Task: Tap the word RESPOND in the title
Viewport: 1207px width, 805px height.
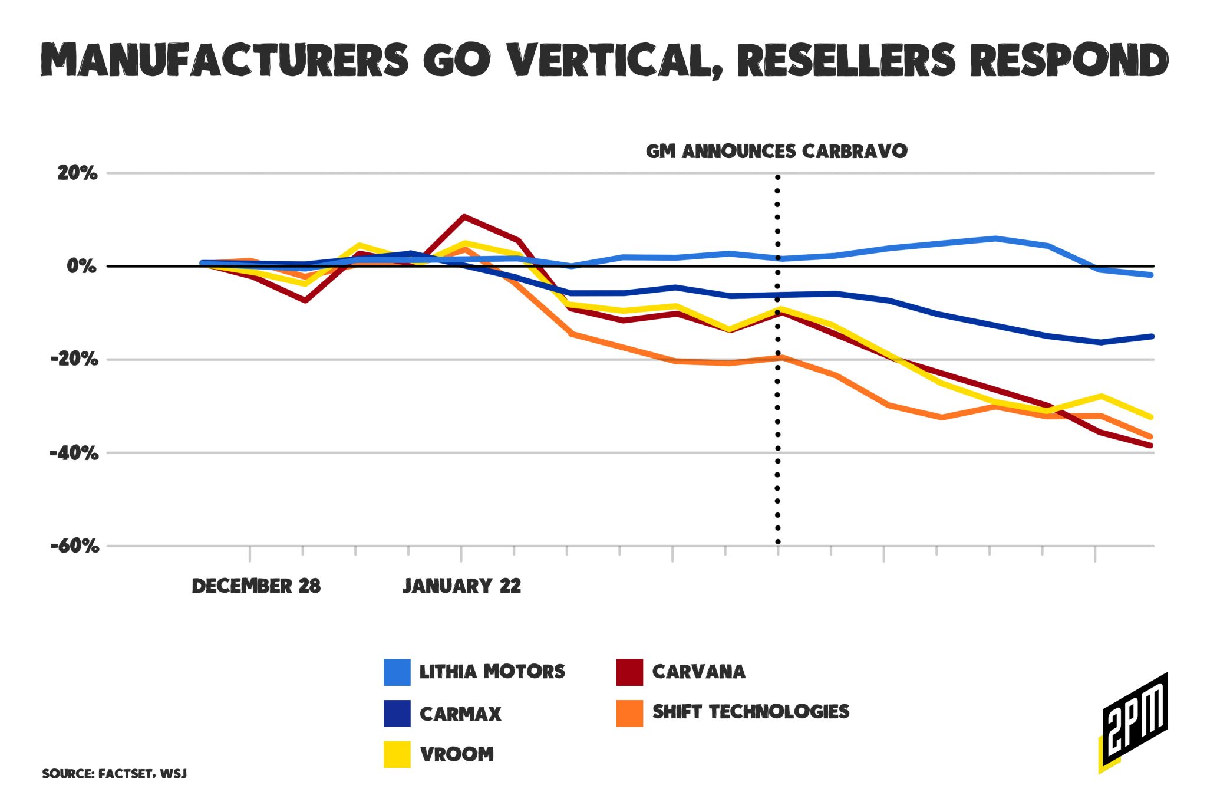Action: pos(1069,61)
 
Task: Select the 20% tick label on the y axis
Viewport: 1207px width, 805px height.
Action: pos(77,173)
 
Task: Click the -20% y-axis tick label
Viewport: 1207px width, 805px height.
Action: pos(75,359)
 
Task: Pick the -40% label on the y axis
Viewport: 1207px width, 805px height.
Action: pos(75,453)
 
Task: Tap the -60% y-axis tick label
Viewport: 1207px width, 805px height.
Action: pos(75,546)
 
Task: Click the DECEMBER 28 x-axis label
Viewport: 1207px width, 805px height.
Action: pos(256,586)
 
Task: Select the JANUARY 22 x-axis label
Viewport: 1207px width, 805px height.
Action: pos(462,586)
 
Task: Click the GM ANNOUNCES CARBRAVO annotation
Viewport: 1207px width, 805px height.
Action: pos(777,152)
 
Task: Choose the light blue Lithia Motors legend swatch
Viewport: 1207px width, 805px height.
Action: pos(397,672)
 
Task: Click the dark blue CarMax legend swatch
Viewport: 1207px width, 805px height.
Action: pos(397,713)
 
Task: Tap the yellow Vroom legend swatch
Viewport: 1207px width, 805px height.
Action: pos(397,754)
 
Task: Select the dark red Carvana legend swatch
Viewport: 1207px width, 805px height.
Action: pos(629,672)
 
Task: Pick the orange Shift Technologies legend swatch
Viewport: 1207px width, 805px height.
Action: pos(629,712)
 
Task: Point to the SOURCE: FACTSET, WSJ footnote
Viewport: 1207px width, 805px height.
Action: pos(114,774)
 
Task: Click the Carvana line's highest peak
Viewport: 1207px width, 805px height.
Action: pos(464,217)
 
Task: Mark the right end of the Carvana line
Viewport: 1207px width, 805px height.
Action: pos(1150,446)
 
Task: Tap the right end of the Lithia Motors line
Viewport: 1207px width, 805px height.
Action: pos(1150,275)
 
